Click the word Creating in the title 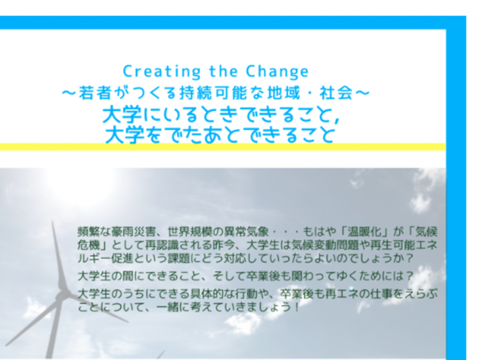[162, 72]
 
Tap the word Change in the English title [278, 72]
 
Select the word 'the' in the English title [224, 71]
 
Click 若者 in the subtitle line [95, 93]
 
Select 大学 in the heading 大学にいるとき [122, 115]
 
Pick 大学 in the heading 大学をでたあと [125, 135]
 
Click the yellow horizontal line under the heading [222, 147]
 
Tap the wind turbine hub [61, 296]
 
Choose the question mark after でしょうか [409, 259]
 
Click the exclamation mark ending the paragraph [296, 307]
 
